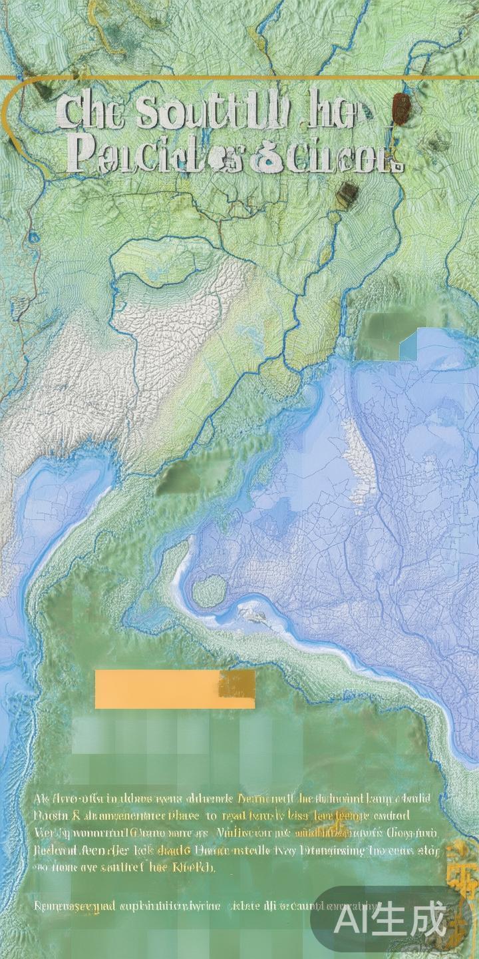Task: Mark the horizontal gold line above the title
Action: [239, 78]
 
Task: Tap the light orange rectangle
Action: [160, 689]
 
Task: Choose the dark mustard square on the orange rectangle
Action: [238, 684]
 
